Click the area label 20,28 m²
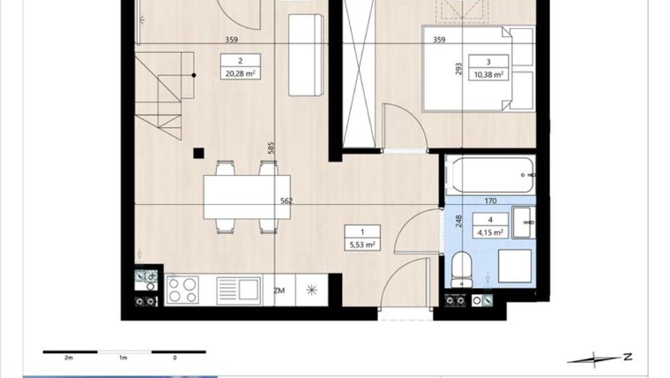(x=233, y=74)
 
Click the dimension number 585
(x=272, y=148)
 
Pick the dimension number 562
(x=286, y=201)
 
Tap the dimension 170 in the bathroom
(x=491, y=200)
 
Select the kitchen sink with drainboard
(x=238, y=289)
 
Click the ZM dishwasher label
(x=279, y=290)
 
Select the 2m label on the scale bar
(x=68, y=358)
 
